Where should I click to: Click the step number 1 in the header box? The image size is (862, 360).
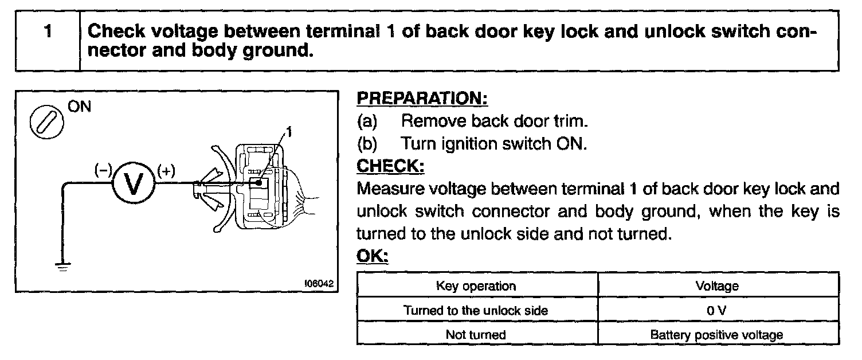point(48,30)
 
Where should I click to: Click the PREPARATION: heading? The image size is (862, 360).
point(422,98)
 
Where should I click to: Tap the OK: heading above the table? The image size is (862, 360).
point(373,256)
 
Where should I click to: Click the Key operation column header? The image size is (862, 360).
point(476,285)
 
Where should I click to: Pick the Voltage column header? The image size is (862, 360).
point(716,285)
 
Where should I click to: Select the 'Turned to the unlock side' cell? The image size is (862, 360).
point(476,310)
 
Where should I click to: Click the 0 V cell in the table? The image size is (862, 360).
point(716,310)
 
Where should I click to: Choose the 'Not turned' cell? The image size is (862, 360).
point(476,335)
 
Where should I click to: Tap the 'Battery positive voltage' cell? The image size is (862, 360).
point(716,335)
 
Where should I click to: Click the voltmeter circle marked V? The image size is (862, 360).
point(133,185)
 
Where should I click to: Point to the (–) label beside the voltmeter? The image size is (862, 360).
point(104,170)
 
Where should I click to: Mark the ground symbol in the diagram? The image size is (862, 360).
point(62,265)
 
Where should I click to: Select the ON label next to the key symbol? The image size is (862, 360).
point(79,107)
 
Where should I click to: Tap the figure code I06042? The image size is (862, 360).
point(318,283)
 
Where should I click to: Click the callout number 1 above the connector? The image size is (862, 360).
point(289,133)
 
